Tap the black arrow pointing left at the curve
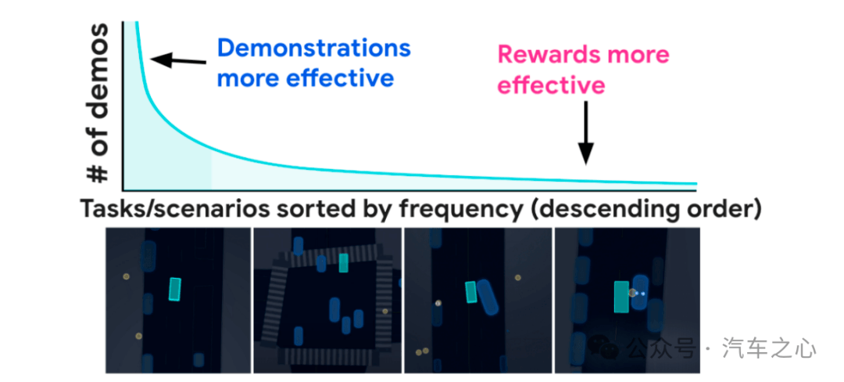pos(178,60)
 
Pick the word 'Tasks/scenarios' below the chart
pos(174,208)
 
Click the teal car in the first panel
pos(175,290)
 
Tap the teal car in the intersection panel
pos(343,263)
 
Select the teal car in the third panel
pos(471,292)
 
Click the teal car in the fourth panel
pos(622,297)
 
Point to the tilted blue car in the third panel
pos(488,297)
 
